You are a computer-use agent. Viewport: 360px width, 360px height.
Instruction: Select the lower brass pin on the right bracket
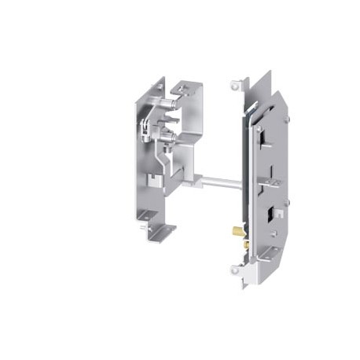(x=244, y=244)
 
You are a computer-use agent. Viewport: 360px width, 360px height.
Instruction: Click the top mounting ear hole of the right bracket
(x=233, y=83)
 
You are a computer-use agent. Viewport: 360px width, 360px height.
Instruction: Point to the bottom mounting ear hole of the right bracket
(x=235, y=270)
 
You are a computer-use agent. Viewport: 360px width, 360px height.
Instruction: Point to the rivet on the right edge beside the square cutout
(x=287, y=202)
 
